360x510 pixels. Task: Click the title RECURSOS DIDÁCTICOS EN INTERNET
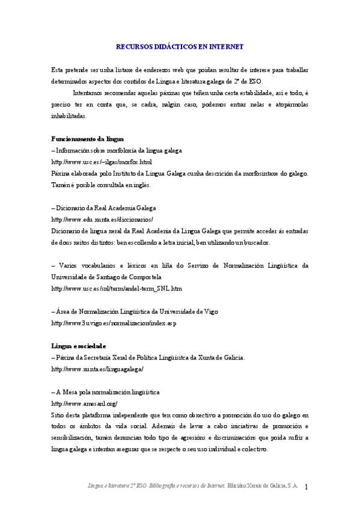(x=179, y=46)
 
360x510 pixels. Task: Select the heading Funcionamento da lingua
(x=87, y=138)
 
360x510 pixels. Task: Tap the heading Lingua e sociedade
(x=79, y=346)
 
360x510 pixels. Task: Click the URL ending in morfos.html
(x=102, y=162)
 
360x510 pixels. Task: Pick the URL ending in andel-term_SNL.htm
(x=117, y=289)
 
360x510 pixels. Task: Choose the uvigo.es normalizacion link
(x=114, y=323)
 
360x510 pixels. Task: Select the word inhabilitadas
(x=69, y=116)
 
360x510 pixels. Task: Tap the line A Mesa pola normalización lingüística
(x=106, y=392)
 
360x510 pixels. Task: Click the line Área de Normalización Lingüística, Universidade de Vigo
(x=135, y=312)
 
